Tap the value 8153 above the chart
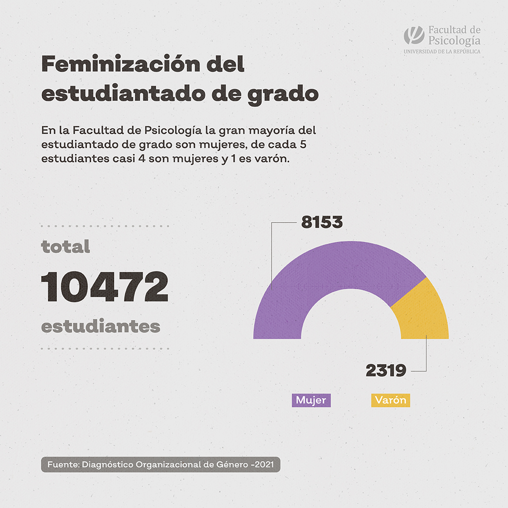point(322,222)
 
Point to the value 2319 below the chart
point(386,371)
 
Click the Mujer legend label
point(311,400)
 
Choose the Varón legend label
point(390,400)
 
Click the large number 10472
point(104,287)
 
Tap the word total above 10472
point(65,246)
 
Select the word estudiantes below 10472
point(101,326)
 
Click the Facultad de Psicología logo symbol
point(413,36)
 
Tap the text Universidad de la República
point(442,51)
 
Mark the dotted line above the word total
point(104,226)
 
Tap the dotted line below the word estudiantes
point(104,349)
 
